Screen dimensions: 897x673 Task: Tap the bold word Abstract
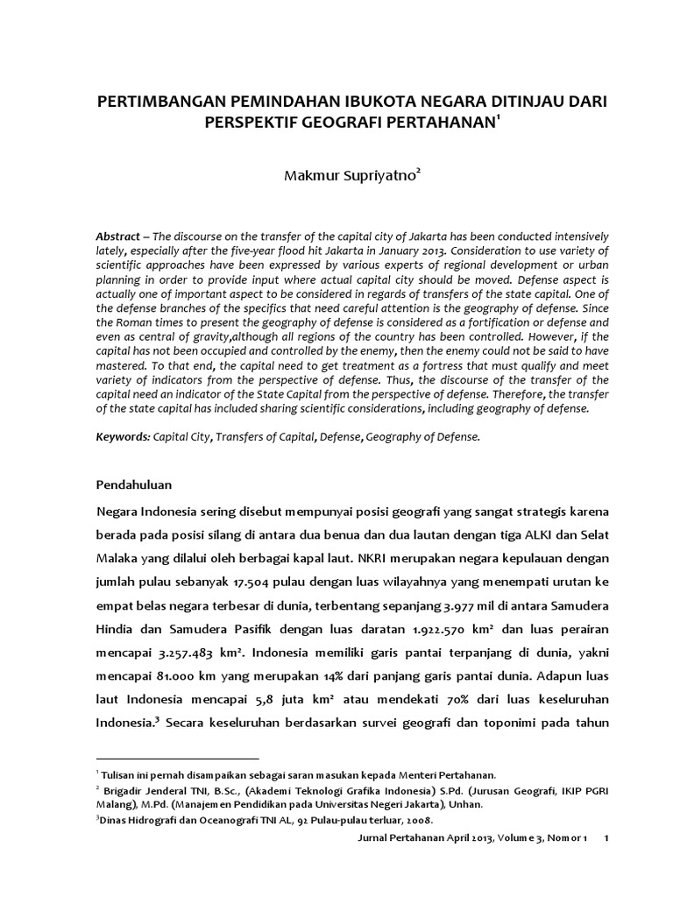click(117, 237)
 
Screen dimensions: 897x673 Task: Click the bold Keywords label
click(123, 435)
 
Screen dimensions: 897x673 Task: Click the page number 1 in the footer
click(607, 839)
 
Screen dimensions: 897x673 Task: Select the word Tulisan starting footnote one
click(119, 774)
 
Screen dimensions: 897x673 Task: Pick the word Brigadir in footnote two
click(124, 790)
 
